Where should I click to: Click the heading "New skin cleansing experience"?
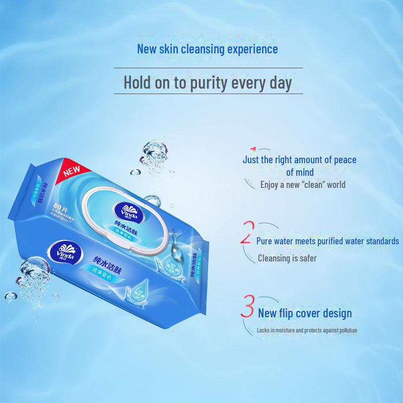pos(207,49)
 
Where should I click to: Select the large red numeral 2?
pos(246,233)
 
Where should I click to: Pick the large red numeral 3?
pos(247,308)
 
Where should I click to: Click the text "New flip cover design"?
pos(304,313)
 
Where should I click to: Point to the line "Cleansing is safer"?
pos(287,258)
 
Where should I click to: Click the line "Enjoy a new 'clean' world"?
pos(303,184)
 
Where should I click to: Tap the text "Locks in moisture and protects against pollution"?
pos(307,330)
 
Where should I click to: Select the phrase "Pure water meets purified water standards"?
pos(327,241)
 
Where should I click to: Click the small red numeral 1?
pos(253,150)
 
